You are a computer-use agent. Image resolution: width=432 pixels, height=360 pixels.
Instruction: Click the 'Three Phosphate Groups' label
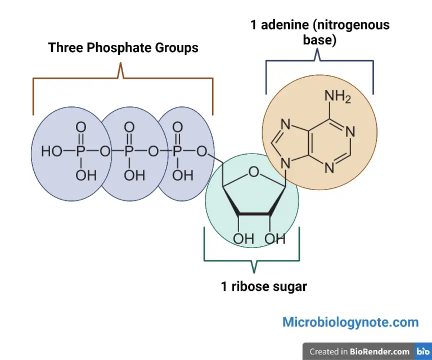point(123,48)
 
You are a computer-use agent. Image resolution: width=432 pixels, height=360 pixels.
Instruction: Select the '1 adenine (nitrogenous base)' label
point(320,33)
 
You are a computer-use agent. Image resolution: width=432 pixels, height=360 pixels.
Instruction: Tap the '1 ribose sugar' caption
point(264,287)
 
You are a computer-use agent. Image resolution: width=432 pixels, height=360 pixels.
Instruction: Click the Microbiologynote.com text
point(350,322)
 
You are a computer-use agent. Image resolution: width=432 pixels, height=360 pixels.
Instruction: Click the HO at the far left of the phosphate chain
point(52,152)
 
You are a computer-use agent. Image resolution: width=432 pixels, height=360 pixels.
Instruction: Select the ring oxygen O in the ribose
point(254,172)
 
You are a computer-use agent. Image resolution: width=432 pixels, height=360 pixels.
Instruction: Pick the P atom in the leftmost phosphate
point(81,152)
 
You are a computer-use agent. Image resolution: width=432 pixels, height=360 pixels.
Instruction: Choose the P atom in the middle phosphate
point(129,152)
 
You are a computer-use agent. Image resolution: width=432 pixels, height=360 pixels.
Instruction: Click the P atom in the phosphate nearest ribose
point(177,152)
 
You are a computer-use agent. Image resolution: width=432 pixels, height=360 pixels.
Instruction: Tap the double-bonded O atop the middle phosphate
point(129,127)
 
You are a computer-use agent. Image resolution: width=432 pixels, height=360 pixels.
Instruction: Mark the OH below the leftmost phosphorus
point(85,176)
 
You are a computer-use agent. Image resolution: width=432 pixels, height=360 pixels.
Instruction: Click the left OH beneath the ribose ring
point(243,238)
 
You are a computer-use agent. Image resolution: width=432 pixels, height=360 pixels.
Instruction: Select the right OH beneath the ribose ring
point(275,238)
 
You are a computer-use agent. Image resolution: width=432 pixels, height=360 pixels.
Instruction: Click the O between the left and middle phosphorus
point(105,152)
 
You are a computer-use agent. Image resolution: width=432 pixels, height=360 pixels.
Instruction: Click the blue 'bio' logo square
point(423,352)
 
